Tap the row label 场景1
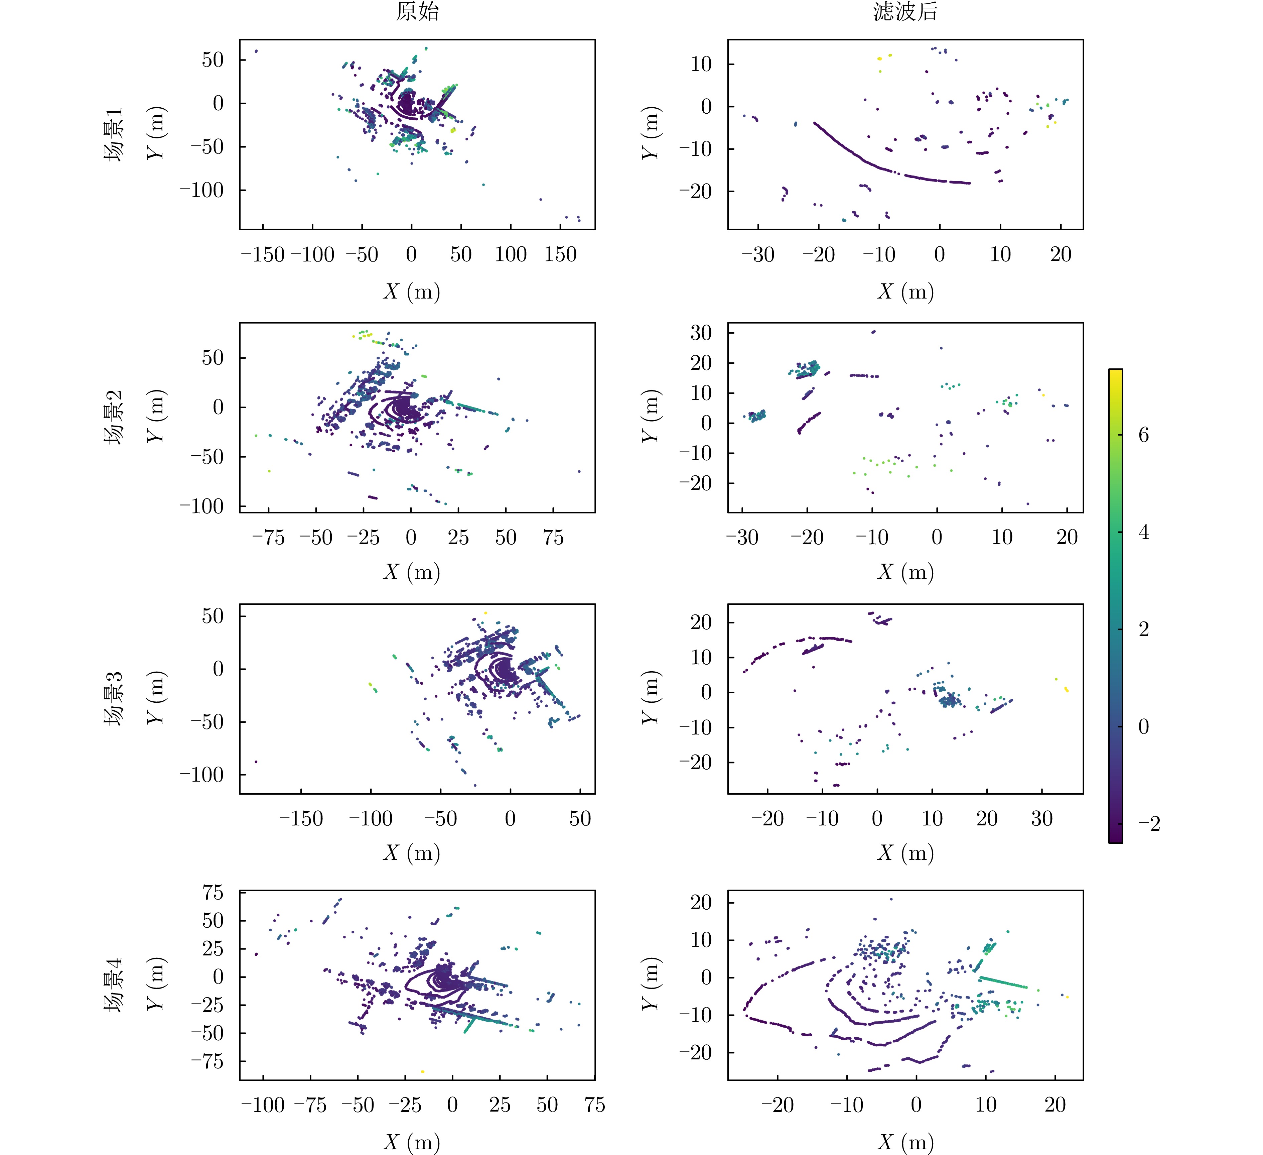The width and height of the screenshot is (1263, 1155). [x=113, y=134]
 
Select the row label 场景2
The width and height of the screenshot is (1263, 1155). [x=113, y=418]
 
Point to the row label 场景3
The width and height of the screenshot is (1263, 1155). [x=113, y=699]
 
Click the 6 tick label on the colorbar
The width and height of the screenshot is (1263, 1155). [x=1143, y=435]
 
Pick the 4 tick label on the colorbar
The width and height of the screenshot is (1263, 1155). [x=1143, y=532]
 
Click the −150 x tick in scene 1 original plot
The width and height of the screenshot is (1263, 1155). [x=263, y=254]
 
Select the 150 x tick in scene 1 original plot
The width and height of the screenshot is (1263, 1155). [x=560, y=254]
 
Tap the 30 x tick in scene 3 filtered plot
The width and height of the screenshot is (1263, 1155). [x=1042, y=818]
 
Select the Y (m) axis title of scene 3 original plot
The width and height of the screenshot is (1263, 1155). [x=155, y=699]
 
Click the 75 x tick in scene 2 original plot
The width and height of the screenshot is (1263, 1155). [x=553, y=537]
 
